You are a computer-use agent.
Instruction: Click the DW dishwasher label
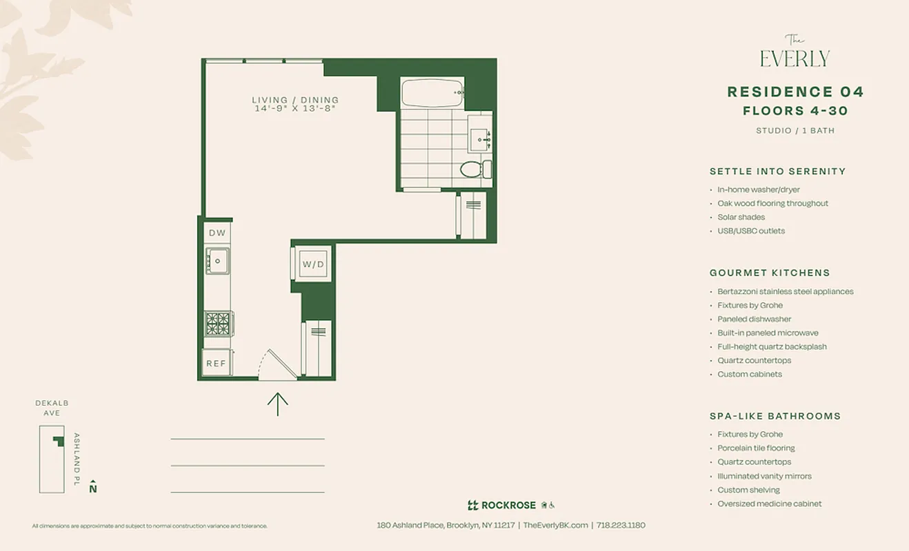[x=217, y=233]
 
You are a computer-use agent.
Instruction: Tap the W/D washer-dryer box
[x=312, y=264]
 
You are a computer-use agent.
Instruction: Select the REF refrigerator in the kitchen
[x=216, y=363]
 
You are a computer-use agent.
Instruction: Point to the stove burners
[x=218, y=323]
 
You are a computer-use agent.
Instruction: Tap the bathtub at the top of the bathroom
[x=432, y=92]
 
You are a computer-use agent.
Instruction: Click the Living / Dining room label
[x=295, y=100]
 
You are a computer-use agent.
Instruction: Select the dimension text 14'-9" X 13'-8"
[x=295, y=109]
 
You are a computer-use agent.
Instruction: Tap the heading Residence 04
[x=795, y=92]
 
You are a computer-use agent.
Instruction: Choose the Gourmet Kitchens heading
[x=770, y=273]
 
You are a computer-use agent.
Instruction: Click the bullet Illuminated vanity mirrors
[x=764, y=476]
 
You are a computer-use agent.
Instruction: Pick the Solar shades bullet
[x=741, y=217]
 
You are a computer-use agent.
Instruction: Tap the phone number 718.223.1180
[x=621, y=525]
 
